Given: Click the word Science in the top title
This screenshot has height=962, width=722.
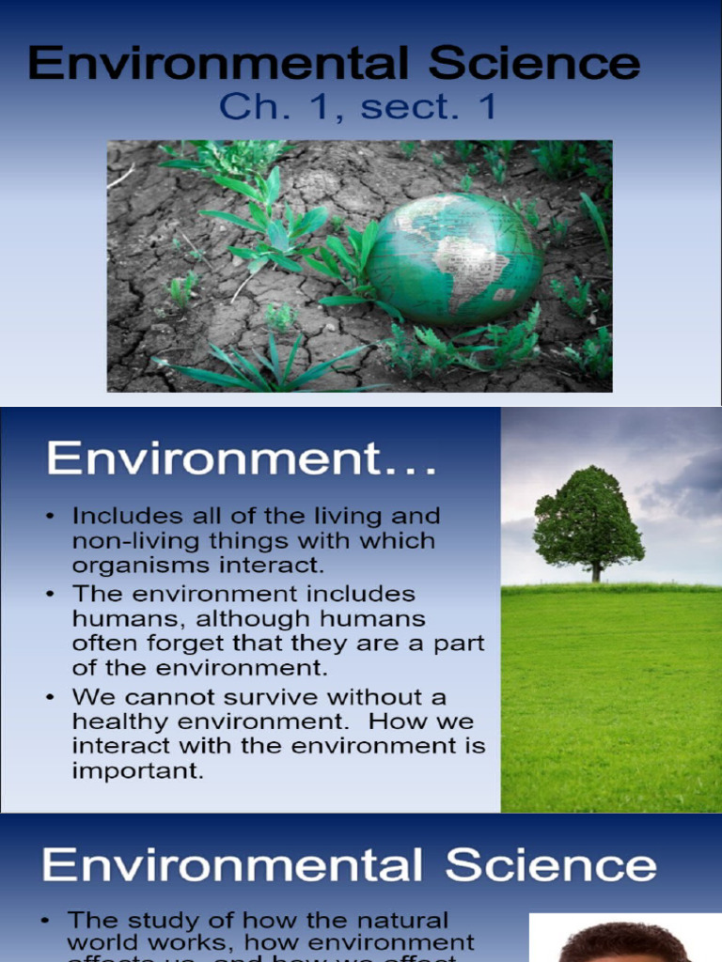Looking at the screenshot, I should [535, 64].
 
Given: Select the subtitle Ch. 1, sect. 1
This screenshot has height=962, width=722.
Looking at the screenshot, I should [357, 106].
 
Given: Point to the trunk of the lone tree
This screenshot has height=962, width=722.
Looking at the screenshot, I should [595, 571].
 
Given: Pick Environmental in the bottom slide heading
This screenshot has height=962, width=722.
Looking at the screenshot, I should [235, 866].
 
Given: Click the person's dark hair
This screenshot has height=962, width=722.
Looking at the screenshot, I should [624, 939].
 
